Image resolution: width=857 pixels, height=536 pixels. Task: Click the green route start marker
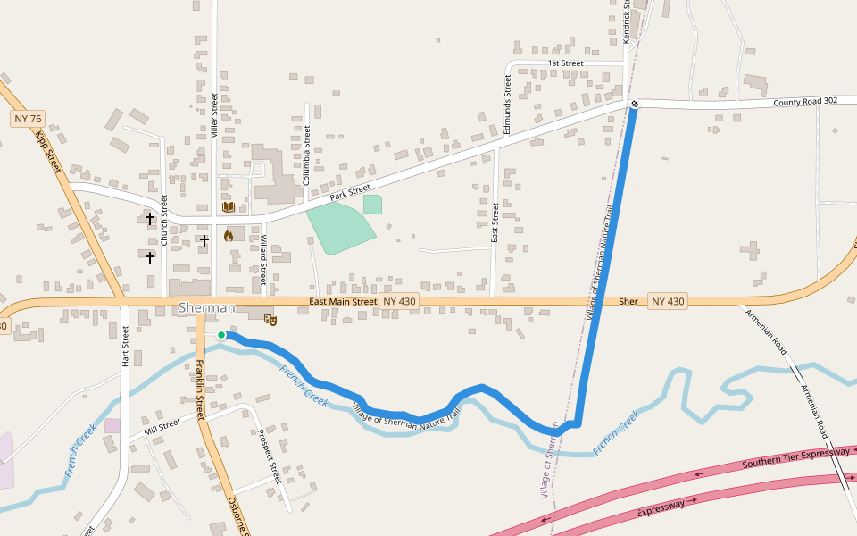coord(221,335)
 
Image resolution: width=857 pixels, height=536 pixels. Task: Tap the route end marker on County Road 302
coord(635,105)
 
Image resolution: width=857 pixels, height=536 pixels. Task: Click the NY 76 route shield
coord(28,119)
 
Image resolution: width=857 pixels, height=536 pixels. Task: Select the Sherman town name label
coord(206,307)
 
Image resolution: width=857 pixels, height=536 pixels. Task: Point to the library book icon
coord(229,207)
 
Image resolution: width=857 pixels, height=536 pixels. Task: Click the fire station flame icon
coord(229,236)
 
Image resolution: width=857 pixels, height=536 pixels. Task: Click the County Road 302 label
coord(805,101)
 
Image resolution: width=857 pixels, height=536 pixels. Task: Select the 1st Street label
coord(565,63)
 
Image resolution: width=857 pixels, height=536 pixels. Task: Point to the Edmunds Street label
coord(507,105)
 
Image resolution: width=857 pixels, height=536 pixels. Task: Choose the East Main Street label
coord(343,302)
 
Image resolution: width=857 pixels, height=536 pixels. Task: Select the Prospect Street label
coord(269,456)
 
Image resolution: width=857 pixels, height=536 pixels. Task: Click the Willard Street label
coord(263,254)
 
